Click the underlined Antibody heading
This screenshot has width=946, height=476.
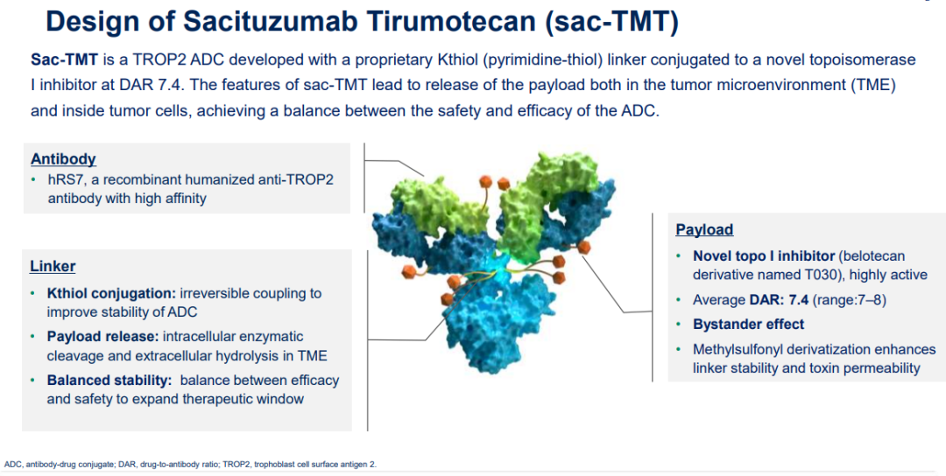(x=63, y=159)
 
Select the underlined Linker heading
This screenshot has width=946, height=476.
(x=53, y=266)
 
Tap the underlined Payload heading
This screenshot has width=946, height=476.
(x=704, y=229)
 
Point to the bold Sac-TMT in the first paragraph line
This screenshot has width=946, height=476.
(x=64, y=59)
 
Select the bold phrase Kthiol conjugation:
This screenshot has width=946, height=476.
(x=111, y=294)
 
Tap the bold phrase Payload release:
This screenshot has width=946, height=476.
(x=102, y=336)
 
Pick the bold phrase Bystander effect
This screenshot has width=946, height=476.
(x=748, y=324)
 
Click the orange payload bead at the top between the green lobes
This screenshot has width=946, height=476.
(x=485, y=181)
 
